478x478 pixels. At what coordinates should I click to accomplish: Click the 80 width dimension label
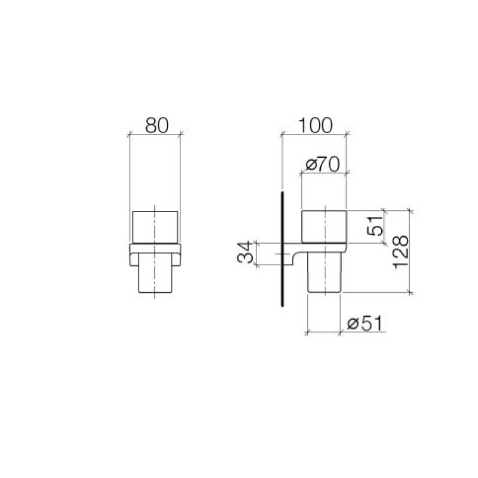coord(157,125)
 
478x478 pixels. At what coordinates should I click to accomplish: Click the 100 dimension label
coord(315,125)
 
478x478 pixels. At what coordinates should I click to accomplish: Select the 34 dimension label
coord(246,252)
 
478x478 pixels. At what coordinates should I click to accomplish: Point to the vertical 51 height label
coord(375,226)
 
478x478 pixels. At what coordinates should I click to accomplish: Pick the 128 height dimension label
coord(400,252)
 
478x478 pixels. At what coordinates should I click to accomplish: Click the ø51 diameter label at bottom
coord(364,323)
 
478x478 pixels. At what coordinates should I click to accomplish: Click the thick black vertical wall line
coord(283,249)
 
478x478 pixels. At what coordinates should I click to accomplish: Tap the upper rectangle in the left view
coord(155,227)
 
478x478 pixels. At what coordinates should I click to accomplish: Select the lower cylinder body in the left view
coord(155,273)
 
